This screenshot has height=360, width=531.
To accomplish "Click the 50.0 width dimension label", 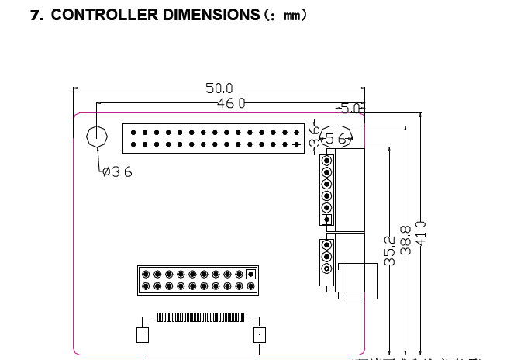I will (219, 88).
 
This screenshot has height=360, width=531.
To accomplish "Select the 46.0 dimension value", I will (231, 102).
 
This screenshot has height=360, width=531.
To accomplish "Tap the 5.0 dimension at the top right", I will (350, 108).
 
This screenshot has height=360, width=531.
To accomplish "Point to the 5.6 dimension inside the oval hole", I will (336, 138).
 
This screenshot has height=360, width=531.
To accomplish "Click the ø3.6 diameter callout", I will (117, 172).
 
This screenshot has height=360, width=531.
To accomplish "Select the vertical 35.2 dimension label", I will (391, 251).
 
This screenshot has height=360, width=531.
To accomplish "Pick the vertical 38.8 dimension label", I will (405, 241).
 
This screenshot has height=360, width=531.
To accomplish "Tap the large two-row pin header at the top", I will (213, 137).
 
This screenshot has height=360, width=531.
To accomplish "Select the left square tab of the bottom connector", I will (142, 335).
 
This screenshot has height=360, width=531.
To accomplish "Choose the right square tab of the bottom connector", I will (260, 335).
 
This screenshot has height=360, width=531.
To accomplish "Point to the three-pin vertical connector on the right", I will (326, 257).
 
